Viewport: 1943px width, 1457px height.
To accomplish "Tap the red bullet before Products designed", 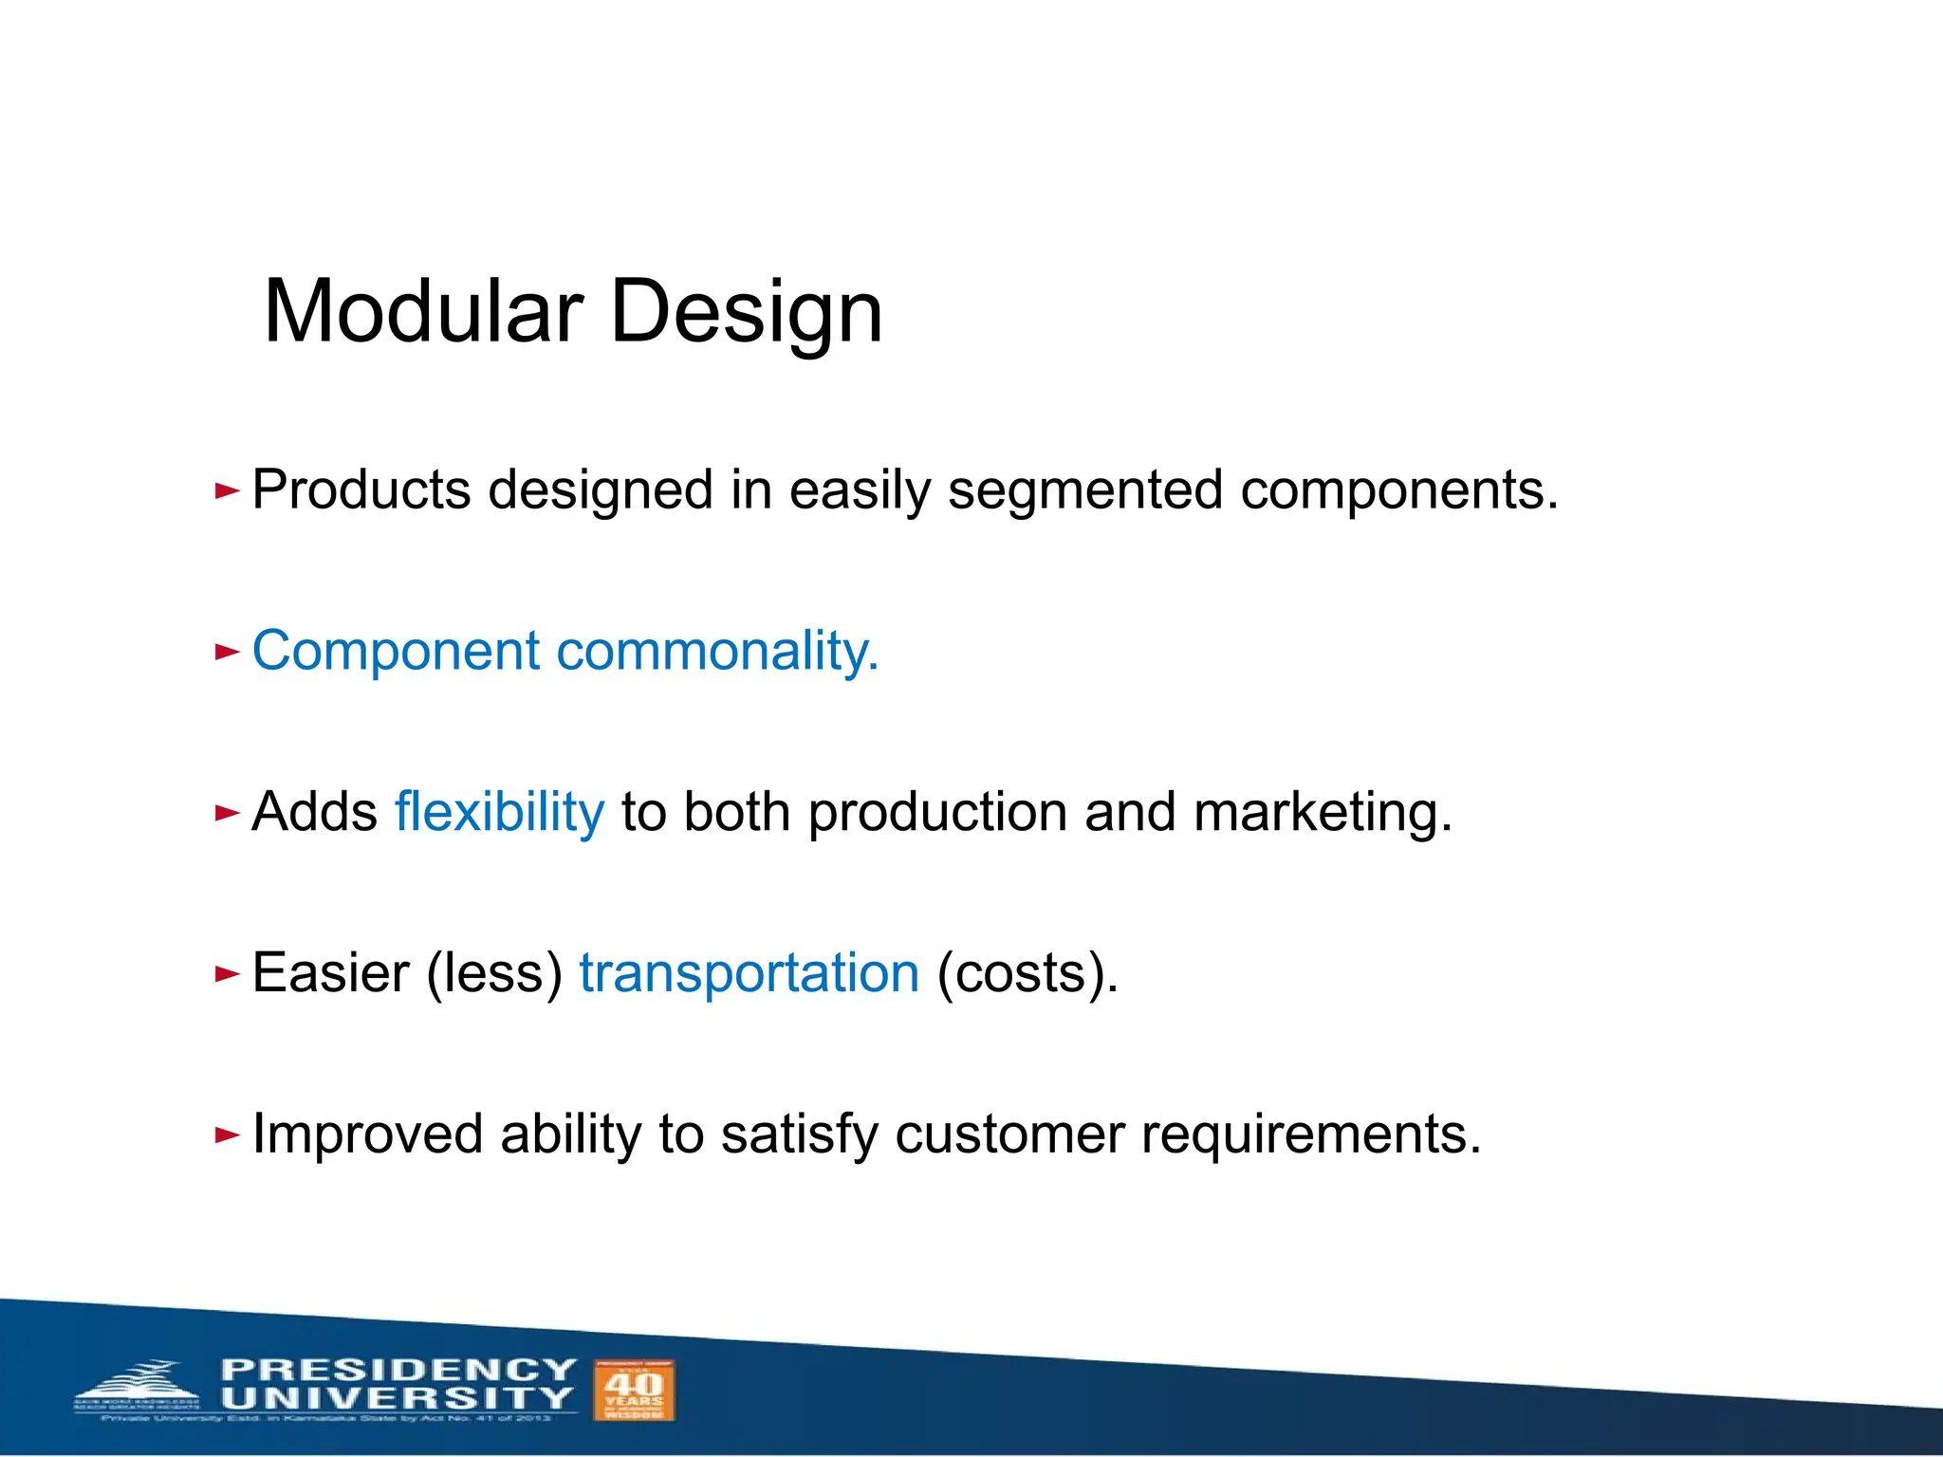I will pyautogui.click(x=227, y=490).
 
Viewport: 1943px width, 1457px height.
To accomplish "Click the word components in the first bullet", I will pyautogui.click(x=1398, y=492).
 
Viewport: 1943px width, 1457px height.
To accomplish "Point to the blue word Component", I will pyautogui.click(x=396, y=653).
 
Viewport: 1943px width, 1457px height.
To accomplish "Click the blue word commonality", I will pyautogui.click(x=717, y=653).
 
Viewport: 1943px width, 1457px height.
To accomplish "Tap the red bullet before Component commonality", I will pyautogui.click(x=227, y=652).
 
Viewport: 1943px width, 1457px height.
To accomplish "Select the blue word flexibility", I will pyautogui.click(x=499, y=814).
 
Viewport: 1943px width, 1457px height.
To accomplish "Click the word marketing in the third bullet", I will pyautogui.click(x=1322, y=814).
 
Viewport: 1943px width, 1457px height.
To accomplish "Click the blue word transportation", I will pyautogui.click(x=749, y=974).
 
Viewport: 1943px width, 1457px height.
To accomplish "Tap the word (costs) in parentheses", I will pyautogui.click(x=1027, y=974).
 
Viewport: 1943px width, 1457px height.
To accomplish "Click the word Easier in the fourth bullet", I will pyautogui.click(x=330, y=974).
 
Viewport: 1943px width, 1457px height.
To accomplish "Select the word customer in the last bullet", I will pyautogui.click(x=1009, y=1135).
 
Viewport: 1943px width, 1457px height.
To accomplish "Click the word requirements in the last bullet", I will pyautogui.click(x=1310, y=1135).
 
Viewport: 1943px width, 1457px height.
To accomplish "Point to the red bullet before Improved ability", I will pyautogui.click(x=227, y=1134).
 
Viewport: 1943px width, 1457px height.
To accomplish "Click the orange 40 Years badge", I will pyautogui.click(x=634, y=1390).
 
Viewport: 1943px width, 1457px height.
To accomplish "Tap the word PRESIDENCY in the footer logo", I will pyautogui.click(x=398, y=1370).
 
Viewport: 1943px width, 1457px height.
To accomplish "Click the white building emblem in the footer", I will pyautogui.click(x=140, y=1388).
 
